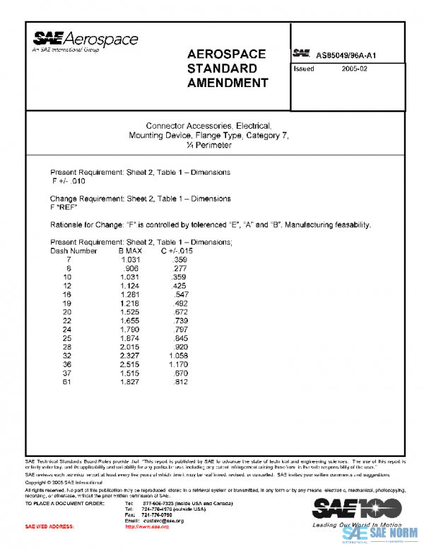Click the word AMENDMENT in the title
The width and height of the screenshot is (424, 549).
pos(228,83)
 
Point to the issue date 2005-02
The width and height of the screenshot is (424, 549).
pos(355,69)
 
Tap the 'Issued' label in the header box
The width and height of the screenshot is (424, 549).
pos(304,69)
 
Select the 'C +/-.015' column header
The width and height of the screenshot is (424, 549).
pos(177,250)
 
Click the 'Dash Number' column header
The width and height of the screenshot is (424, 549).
pos(73,250)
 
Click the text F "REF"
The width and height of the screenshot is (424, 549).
pos(64,207)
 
